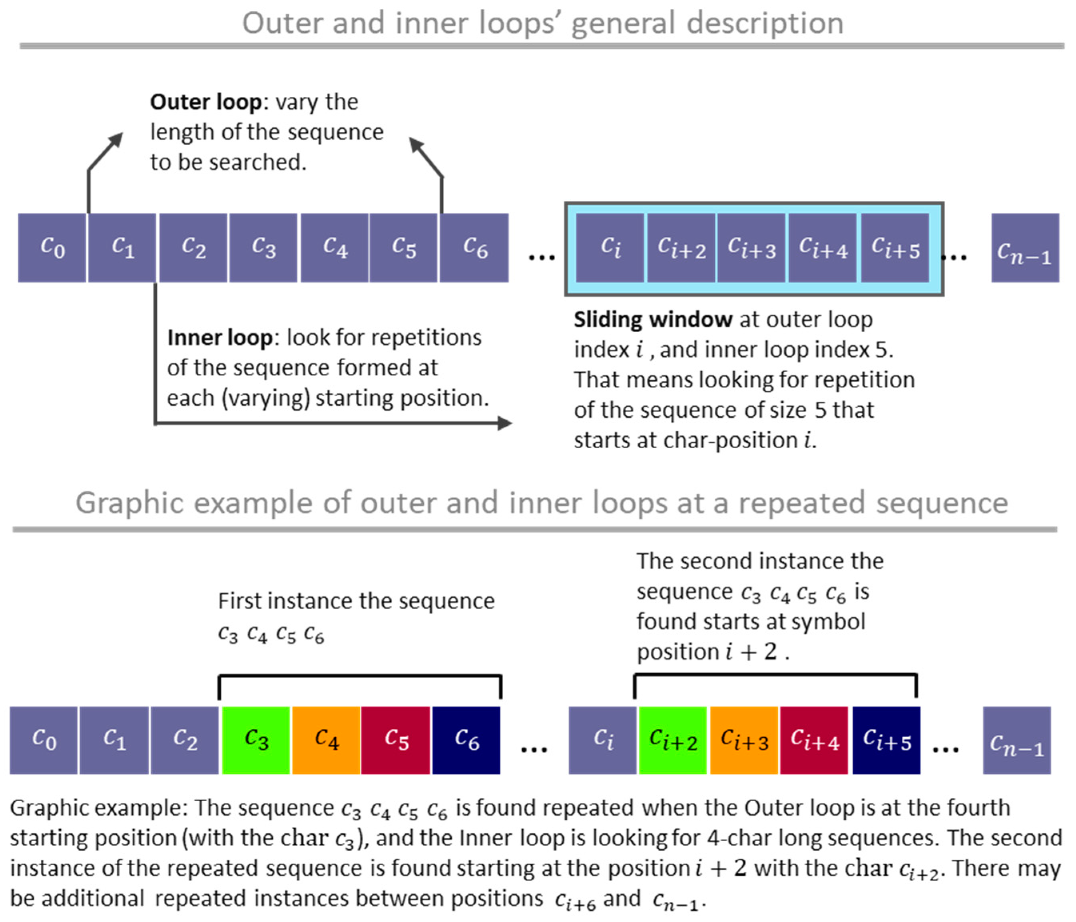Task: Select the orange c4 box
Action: tap(326, 740)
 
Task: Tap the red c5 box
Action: tap(396, 740)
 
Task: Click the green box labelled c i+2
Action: tap(672, 740)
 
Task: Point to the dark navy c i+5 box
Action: tap(887, 740)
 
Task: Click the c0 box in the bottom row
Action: tap(44, 740)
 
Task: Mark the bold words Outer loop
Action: tap(205, 102)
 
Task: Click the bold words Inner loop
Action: tap(220, 337)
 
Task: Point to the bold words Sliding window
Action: tap(653, 319)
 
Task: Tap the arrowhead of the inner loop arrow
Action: tap(505, 423)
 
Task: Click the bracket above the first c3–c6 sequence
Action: tap(360, 676)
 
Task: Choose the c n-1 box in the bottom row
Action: tap(1016, 740)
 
